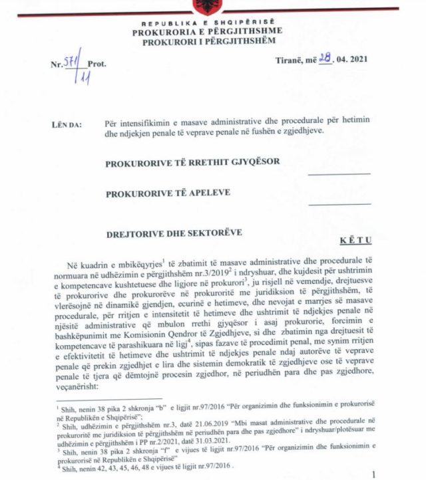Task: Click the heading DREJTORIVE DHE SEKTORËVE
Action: [x=175, y=233]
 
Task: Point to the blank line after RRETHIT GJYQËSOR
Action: [x=339, y=174]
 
